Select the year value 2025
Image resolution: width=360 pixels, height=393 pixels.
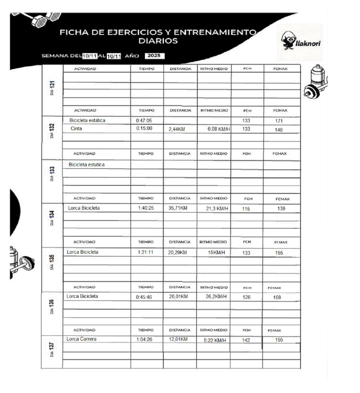[x=154, y=56]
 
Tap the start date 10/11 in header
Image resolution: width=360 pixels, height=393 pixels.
[x=90, y=56]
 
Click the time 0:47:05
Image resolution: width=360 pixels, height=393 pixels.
[x=144, y=121]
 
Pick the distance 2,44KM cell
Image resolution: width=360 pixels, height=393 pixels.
[x=177, y=130]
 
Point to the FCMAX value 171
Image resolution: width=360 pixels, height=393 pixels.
[x=279, y=121]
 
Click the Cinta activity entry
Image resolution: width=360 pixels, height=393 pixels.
[x=76, y=129]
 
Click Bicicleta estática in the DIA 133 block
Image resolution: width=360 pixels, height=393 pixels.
[x=87, y=165]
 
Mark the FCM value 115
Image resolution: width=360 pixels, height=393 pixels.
[x=246, y=209]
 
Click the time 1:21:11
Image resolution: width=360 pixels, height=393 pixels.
[x=145, y=253]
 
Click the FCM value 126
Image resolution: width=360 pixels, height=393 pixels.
[x=246, y=297]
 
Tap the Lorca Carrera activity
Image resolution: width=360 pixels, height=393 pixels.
[x=81, y=339]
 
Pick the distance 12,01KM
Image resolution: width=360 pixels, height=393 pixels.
[x=178, y=339]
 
